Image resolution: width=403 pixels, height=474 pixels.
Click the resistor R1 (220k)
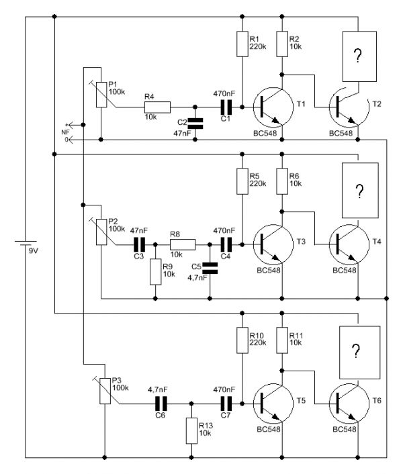pos(242,44)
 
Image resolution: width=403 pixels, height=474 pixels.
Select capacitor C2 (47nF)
pos(195,123)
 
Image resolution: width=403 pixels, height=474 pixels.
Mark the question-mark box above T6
pos(359,350)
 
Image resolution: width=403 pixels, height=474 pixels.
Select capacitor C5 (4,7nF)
pos(210,268)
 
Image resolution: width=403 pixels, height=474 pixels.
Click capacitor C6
pos(161,404)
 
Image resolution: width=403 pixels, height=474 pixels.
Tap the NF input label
pos(65,132)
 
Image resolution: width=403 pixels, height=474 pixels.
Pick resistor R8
pos(181,245)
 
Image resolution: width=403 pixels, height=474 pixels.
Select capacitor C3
pos(140,245)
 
